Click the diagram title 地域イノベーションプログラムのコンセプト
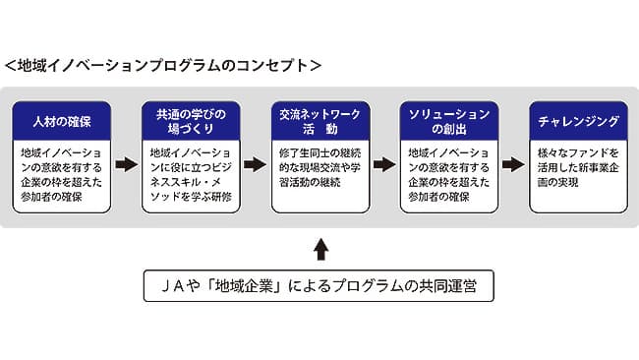click(162, 65)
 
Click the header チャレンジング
click(577, 121)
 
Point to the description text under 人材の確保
click(62, 175)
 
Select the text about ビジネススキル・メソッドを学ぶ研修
click(191, 175)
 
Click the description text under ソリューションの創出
click(448, 175)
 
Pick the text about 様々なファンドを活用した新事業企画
click(577, 168)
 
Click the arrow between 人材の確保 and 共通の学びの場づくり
click(126, 164)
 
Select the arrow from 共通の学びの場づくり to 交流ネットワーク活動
click(255, 164)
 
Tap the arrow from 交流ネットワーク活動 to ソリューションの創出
click(383, 164)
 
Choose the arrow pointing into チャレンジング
click(512, 164)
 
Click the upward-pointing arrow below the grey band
click(319, 247)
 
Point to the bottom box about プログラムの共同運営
click(319, 286)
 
